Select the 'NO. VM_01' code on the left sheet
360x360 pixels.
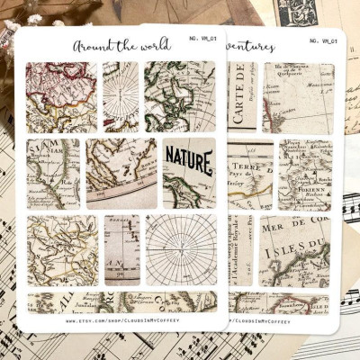coord(201,40)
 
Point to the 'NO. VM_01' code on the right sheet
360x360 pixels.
coord(324,40)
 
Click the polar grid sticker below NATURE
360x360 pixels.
coord(180,249)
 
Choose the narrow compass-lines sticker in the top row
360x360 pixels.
coord(121,95)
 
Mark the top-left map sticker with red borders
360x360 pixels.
coord(61,95)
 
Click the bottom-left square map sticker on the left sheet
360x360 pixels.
coord(62,249)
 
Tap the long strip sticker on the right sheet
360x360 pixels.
coord(279,301)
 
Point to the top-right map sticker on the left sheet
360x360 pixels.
coord(180,95)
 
